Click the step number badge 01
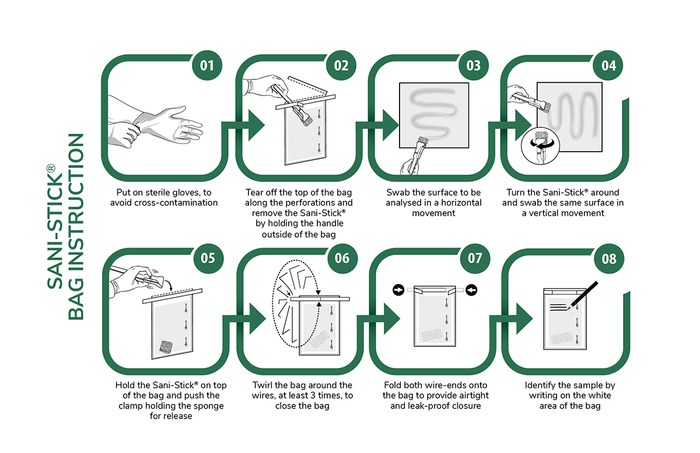(x=208, y=65)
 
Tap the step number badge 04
(x=608, y=65)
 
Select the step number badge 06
(x=342, y=257)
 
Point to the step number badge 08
(x=608, y=257)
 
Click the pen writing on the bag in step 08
(x=584, y=295)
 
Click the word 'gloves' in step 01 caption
(x=183, y=192)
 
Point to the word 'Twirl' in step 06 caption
(x=263, y=385)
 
